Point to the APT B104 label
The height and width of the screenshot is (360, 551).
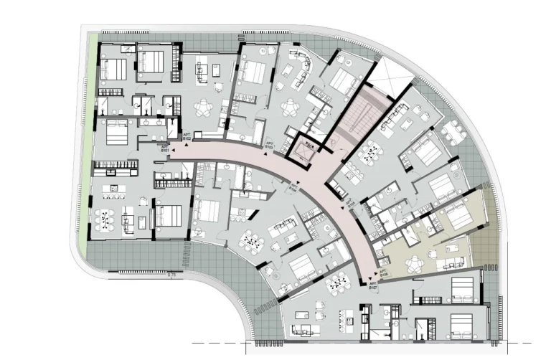pos(293,189)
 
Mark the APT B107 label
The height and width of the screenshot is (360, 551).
pos(373,285)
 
